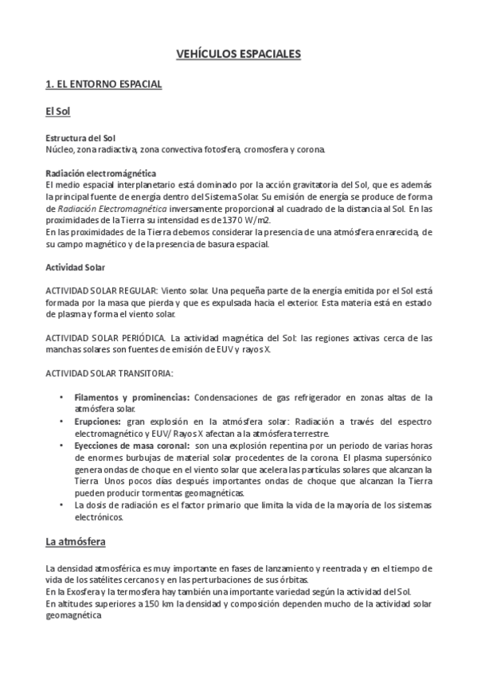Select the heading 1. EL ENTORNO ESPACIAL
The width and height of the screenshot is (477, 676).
point(104,84)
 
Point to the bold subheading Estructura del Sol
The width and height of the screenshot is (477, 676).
point(80,138)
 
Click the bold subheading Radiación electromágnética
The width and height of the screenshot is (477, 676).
point(100,174)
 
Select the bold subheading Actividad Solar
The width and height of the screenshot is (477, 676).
point(76,267)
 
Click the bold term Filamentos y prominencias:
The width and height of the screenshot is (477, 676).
point(131,396)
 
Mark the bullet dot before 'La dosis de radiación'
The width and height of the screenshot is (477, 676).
point(62,505)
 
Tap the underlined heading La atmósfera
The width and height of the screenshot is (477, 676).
point(76,542)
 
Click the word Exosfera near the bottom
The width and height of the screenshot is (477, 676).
point(75,592)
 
